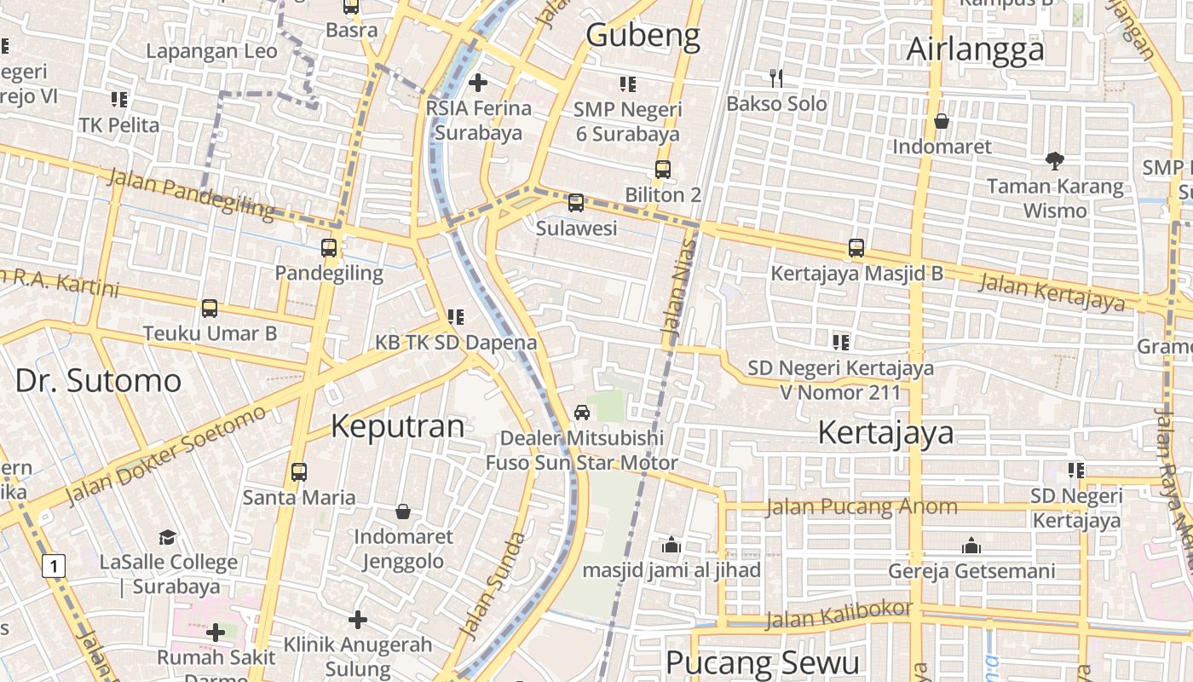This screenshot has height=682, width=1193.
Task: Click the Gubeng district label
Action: click(x=643, y=35)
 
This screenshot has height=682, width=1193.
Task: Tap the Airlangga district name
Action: click(x=975, y=49)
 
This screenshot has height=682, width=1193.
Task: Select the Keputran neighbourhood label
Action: click(x=397, y=425)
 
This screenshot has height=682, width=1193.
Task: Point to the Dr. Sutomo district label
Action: click(x=98, y=380)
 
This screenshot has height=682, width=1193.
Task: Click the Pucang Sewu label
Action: click(x=762, y=662)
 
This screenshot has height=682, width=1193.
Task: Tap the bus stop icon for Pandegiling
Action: click(x=329, y=248)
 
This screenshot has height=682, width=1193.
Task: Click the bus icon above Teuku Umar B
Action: click(x=209, y=308)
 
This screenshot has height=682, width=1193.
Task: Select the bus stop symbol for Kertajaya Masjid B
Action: click(x=856, y=248)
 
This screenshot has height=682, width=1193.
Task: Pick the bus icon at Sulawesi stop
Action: click(x=576, y=203)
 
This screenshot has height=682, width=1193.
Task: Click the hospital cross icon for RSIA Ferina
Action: click(x=478, y=83)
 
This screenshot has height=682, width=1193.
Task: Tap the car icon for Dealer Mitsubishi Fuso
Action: click(x=582, y=413)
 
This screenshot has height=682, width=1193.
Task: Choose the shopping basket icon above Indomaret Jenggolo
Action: click(x=403, y=511)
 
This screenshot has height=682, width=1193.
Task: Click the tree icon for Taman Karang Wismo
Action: click(x=1055, y=160)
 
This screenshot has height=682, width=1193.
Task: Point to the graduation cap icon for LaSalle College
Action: click(x=168, y=537)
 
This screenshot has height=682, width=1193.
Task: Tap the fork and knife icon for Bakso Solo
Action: click(x=775, y=78)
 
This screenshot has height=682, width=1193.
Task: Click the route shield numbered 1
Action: click(x=55, y=565)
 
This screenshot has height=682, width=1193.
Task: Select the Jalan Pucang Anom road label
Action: click(x=862, y=507)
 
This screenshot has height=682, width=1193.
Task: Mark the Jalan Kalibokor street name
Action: click(x=839, y=614)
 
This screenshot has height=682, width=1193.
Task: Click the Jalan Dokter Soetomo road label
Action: click(x=166, y=455)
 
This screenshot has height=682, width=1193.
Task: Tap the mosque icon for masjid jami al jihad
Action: click(x=671, y=545)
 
